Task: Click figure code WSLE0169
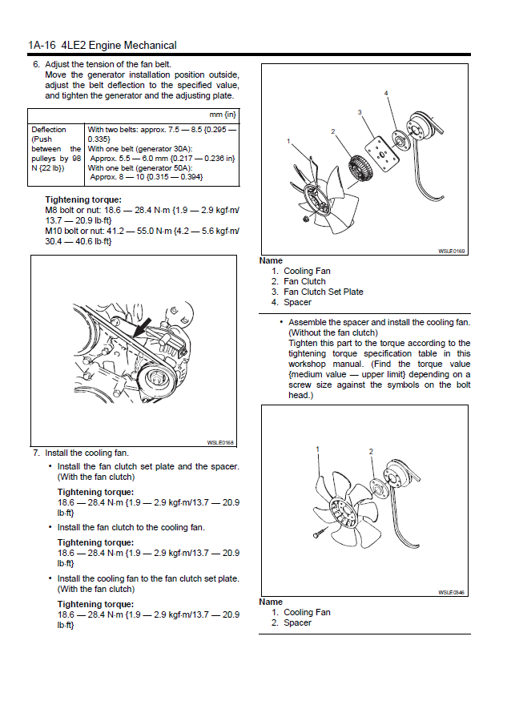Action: [452, 251]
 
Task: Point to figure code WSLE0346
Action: [452, 593]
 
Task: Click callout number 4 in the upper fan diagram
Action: [386, 93]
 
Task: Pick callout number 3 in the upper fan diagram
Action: [360, 111]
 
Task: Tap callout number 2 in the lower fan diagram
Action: [371, 452]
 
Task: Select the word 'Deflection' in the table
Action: [49, 129]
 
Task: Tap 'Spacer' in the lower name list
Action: [297, 622]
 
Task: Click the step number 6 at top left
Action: [35, 63]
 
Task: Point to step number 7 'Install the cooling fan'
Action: [36, 453]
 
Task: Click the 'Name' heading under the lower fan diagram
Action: [271, 602]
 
